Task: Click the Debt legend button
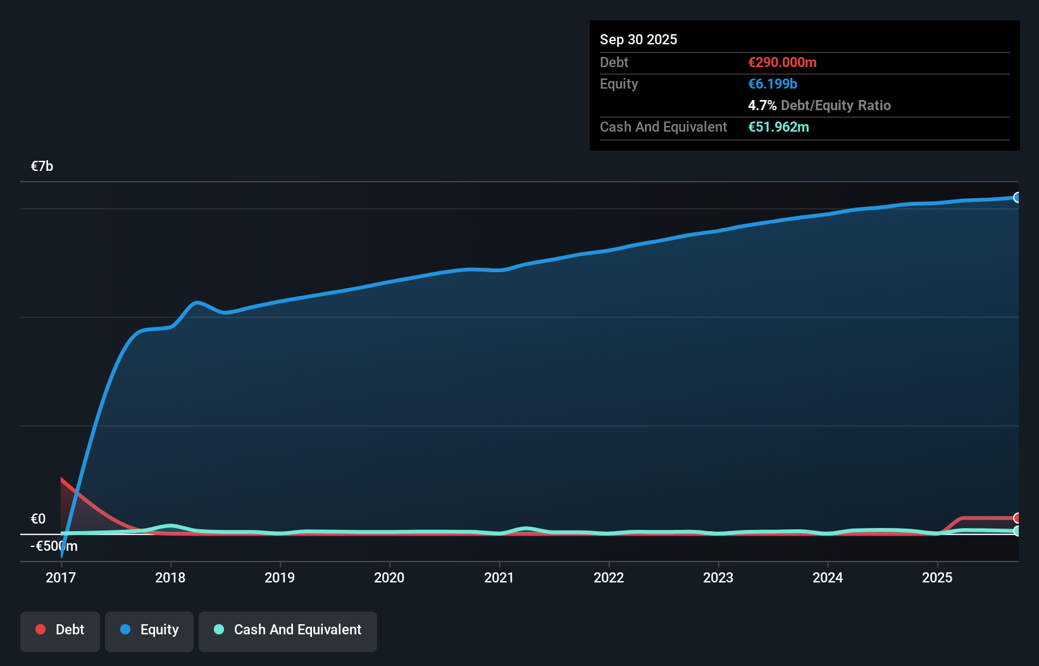60,630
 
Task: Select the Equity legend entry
149,630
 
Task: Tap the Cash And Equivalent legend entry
288,630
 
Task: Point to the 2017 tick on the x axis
61,577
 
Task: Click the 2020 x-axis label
389,577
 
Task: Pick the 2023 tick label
718,577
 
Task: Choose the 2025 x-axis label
937,577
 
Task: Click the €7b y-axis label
42,166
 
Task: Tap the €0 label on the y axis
39,519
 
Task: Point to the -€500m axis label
54,546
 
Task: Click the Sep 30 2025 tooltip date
638,40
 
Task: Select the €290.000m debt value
782,63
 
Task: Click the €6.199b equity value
773,84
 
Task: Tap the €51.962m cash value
778,127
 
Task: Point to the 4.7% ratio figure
762,106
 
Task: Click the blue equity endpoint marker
1017,198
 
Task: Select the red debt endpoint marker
1017,518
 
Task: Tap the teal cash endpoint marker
1017,531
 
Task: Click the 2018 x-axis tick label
170,577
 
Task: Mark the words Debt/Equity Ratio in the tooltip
835,106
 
